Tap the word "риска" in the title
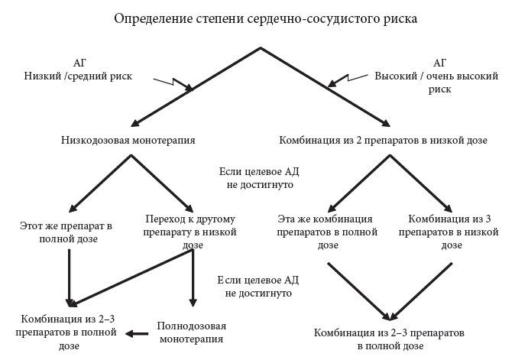(400, 19)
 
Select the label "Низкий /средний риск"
(78, 76)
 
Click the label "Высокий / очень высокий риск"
(436, 83)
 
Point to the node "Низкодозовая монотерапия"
(128, 140)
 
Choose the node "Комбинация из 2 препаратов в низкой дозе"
(384, 140)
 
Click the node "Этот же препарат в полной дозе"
(66, 232)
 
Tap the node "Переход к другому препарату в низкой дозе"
(190, 232)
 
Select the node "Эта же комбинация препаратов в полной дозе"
(327, 232)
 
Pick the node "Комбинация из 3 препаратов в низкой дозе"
(449, 232)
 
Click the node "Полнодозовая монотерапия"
(192, 332)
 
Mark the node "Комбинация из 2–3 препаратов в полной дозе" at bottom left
(66, 332)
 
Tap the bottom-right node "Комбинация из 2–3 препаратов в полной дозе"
(389, 339)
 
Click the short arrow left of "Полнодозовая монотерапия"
(137, 334)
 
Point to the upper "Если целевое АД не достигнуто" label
(259, 178)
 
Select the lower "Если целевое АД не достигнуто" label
(258, 287)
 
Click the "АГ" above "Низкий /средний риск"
(79, 63)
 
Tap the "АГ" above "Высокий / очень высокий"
(440, 63)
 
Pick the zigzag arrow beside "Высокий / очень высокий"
(348, 80)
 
